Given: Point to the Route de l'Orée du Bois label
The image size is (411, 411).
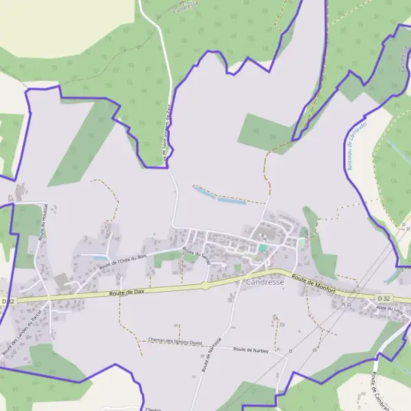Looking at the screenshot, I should coord(123,261).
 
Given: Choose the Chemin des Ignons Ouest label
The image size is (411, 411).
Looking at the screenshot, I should coord(175,341).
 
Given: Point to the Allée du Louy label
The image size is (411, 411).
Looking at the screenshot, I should coord(389,310).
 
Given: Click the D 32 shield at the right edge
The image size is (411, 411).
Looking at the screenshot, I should coord(384,298).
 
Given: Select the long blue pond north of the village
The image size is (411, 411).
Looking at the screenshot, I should coord(219,196).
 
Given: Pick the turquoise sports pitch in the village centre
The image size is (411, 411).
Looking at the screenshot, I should coord(263,247).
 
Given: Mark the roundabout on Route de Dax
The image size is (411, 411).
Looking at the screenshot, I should coord(205,286).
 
